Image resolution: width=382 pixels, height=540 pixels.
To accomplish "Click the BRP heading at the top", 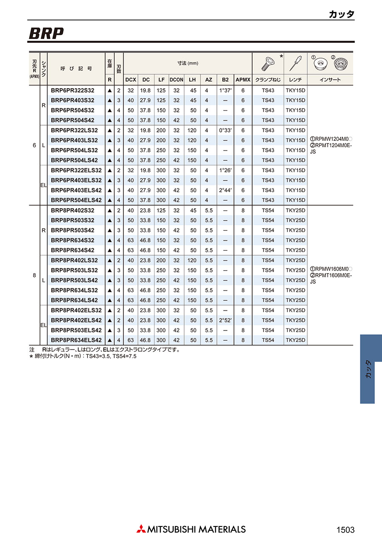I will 46,34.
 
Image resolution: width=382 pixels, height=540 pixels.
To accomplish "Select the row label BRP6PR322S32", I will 73,90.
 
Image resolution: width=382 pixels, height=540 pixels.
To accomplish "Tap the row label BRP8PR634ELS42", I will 76,340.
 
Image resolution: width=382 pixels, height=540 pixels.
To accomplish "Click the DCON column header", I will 176,80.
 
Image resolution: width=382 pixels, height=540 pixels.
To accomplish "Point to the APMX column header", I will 243,80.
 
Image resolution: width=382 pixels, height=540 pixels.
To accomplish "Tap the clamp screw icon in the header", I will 268,64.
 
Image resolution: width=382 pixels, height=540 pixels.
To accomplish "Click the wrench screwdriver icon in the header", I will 295,63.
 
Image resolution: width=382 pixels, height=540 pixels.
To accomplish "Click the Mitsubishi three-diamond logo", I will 141,529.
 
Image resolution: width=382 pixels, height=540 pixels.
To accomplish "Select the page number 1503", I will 345,530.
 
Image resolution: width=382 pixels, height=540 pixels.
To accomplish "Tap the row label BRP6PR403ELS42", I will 76,190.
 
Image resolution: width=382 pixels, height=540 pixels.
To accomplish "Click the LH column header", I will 193,80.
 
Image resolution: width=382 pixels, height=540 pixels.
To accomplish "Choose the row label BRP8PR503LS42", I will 74,280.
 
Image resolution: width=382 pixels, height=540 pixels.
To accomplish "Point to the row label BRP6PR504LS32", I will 74,150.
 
